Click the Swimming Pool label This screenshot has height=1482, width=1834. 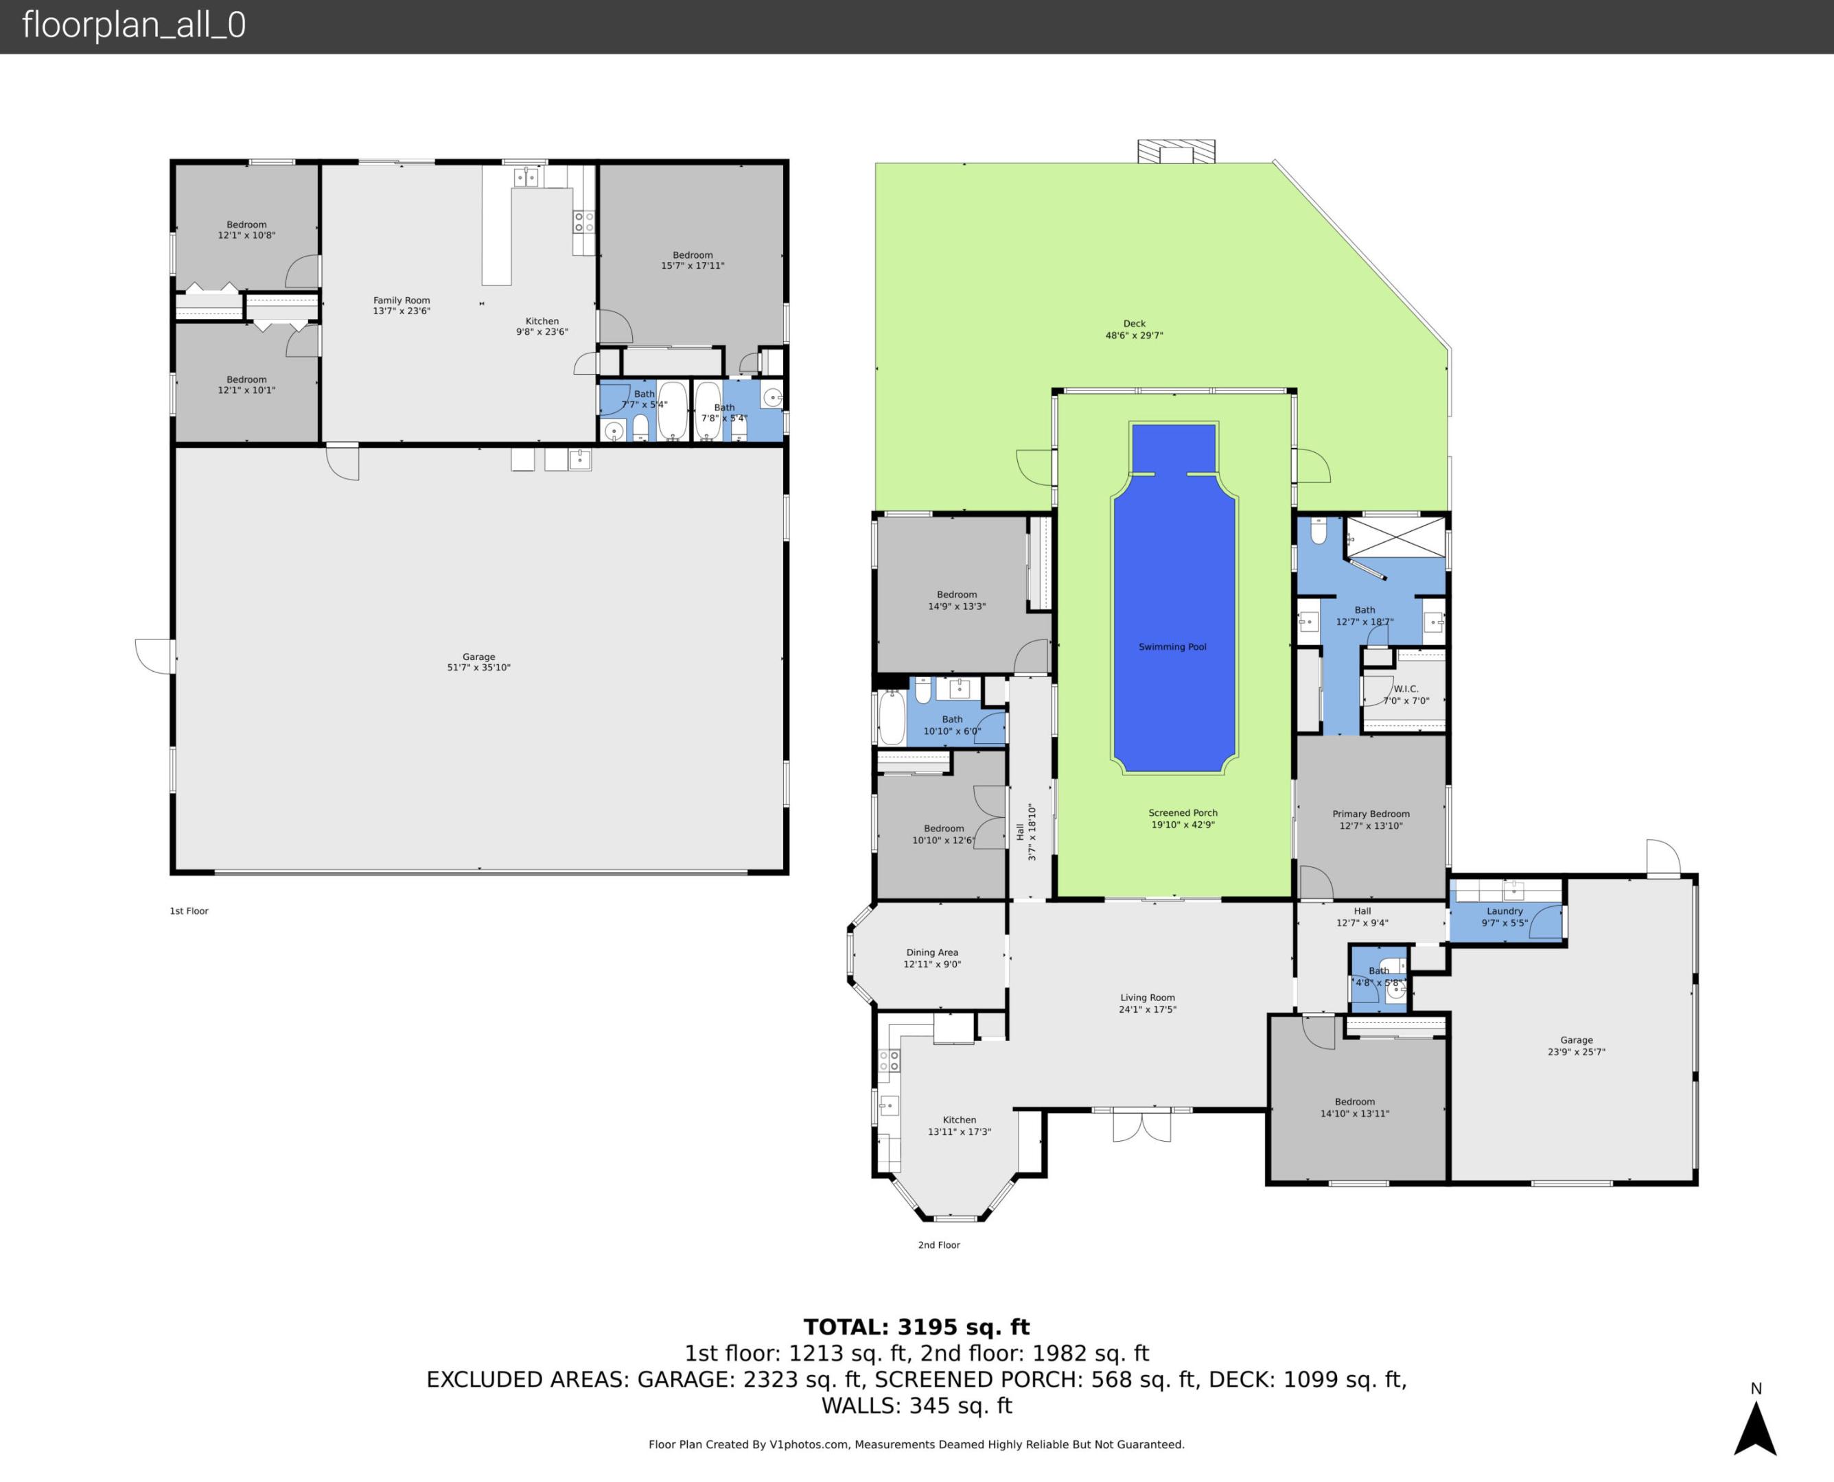(1172, 647)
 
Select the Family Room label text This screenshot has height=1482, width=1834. (402, 301)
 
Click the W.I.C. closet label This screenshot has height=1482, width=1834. (1406, 689)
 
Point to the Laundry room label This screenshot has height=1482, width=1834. (1505, 911)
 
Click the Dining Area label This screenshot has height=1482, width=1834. (931, 953)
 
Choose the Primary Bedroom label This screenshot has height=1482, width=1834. (1371, 814)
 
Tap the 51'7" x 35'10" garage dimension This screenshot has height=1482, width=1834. (478, 668)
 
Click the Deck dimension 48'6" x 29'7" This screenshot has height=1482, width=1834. (1134, 336)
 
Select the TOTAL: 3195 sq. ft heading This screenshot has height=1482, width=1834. (916, 1328)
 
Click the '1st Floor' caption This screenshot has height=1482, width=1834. (189, 911)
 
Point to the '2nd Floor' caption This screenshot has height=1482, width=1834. (938, 1245)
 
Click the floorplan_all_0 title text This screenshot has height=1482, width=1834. (134, 25)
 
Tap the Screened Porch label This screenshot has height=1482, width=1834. (1183, 814)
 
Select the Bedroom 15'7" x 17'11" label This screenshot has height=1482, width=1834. (693, 260)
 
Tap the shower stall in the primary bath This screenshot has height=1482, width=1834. (1396, 538)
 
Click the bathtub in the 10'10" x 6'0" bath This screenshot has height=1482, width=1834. (892, 717)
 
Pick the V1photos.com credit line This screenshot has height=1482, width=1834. (916, 1444)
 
